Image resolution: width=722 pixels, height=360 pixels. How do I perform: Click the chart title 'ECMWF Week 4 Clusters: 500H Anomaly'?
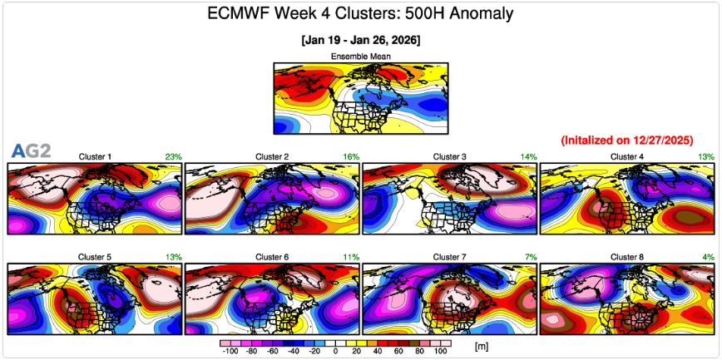pyautogui.click(x=360, y=13)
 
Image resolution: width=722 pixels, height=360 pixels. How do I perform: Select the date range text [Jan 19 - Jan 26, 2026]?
pyautogui.click(x=360, y=40)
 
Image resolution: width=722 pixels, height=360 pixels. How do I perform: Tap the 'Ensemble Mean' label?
pyautogui.click(x=360, y=57)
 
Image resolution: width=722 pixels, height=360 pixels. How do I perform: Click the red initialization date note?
pyautogui.click(x=627, y=140)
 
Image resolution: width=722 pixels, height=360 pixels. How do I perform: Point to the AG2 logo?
pyautogui.click(x=31, y=150)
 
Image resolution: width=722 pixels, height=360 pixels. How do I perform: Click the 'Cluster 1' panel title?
pyautogui.click(x=95, y=156)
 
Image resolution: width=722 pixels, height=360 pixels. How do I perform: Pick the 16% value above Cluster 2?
pyautogui.click(x=351, y=156)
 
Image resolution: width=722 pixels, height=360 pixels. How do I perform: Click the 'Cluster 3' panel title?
pyautogui.click(x=450, y=156)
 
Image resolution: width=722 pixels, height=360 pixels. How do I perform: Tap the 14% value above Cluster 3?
pyautogui.click(x=529, y=156)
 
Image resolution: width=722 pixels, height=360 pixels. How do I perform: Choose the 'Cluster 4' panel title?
pyautogui.click(x=627, y=156)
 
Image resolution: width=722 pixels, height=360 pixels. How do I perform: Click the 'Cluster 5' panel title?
pyautogui.click(x=95, y=257)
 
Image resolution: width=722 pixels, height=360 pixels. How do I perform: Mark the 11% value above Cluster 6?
pyautogui.click(x=351, y=257)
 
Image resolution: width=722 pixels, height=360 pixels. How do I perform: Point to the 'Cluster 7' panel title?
pyautogui.click(x=450, y=257)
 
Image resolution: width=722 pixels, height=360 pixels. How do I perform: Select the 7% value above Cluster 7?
pyautogui.click(x=531, y=257)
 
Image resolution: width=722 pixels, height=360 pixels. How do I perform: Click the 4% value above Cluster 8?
pyautogui.click(x=709, y=257)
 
